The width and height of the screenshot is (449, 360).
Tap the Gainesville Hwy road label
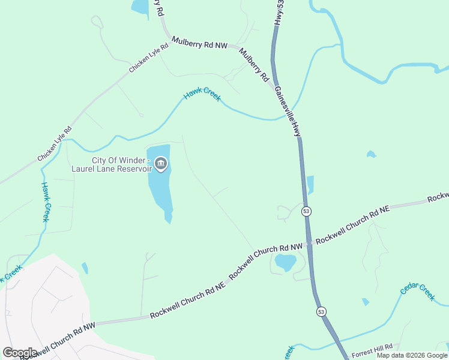(x=288, y=111)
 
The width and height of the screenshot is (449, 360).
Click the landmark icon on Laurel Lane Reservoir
(x=161, y=164)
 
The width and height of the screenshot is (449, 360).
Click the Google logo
(x=20, y=353)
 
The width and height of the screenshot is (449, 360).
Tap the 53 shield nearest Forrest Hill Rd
(x=322, y=311)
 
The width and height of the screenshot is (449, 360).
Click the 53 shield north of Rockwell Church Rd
(x=307, y=211)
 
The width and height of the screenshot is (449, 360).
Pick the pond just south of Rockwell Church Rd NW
(x=285, y=262)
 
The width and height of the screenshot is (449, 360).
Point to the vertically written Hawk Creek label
(x=45, y=202)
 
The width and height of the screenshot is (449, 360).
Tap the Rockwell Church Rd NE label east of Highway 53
(x=353, y=224)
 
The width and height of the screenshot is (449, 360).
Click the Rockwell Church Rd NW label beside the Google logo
(x=58, y=341)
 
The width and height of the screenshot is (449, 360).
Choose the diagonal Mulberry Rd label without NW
(x=254, y=65)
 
